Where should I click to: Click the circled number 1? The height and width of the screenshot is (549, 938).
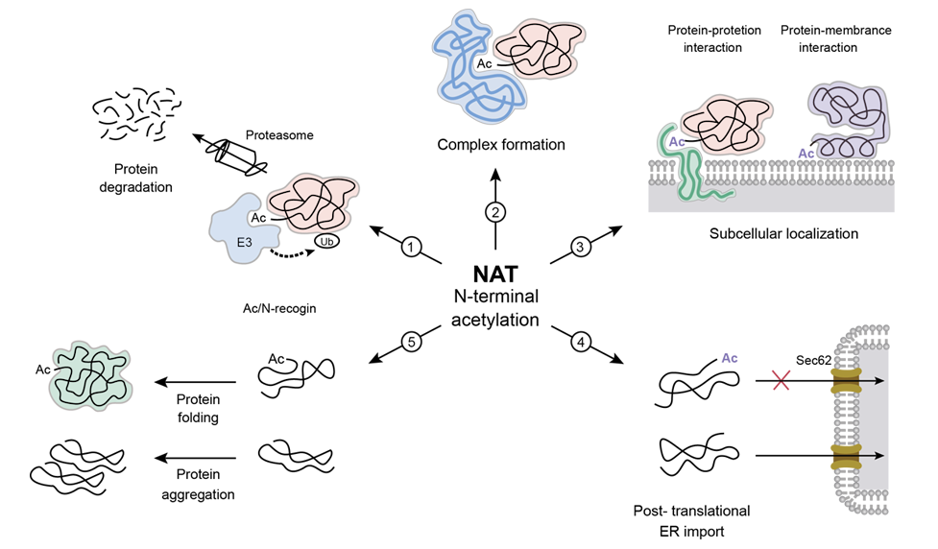pos(412,248)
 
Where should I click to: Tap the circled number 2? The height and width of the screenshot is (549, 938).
pos(495,212)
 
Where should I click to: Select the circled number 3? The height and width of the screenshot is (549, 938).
pos(580,248)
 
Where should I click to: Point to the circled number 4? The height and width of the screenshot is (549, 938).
pos(580,341)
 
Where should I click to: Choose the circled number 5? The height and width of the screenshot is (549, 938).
pos(412,341)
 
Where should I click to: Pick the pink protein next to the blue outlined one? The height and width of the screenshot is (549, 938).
pos(538,48)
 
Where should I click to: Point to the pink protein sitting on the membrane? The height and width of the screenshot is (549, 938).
pos(725,123)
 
